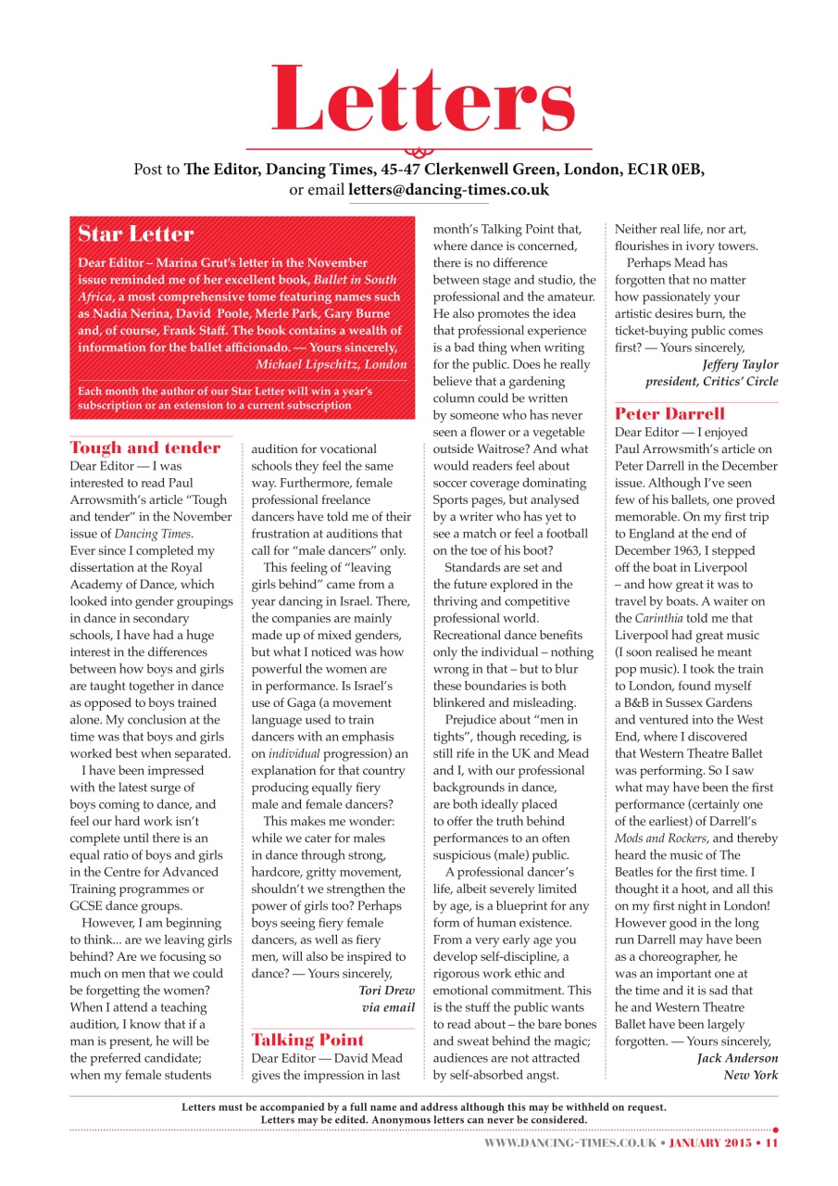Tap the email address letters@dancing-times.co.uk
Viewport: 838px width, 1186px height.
tap(448, 190)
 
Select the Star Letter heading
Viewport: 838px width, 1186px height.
tap(136, 233)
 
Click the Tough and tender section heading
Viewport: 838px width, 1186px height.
tap(145, 448)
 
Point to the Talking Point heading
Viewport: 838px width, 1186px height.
tap(308, 1040)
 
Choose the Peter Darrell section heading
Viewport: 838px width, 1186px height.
tap(669, 413)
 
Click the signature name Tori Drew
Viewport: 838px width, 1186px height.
tap(386, 990)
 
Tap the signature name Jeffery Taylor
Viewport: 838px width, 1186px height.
tap(741, 364)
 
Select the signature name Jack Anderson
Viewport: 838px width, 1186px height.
tap(737, 1058)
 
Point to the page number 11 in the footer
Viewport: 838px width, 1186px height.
tap(770, 1143)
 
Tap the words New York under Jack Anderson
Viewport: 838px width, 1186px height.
tap(751, 1075)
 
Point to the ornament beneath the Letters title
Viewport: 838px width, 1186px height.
tap(419, 150)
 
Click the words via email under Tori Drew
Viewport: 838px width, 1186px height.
tap(388, 1007)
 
